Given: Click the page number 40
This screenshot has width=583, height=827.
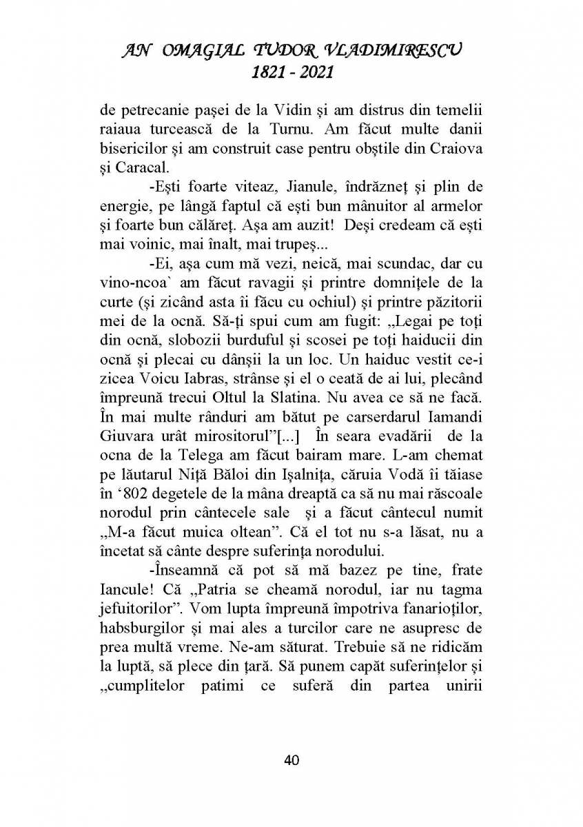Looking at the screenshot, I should tap(291, 760).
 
